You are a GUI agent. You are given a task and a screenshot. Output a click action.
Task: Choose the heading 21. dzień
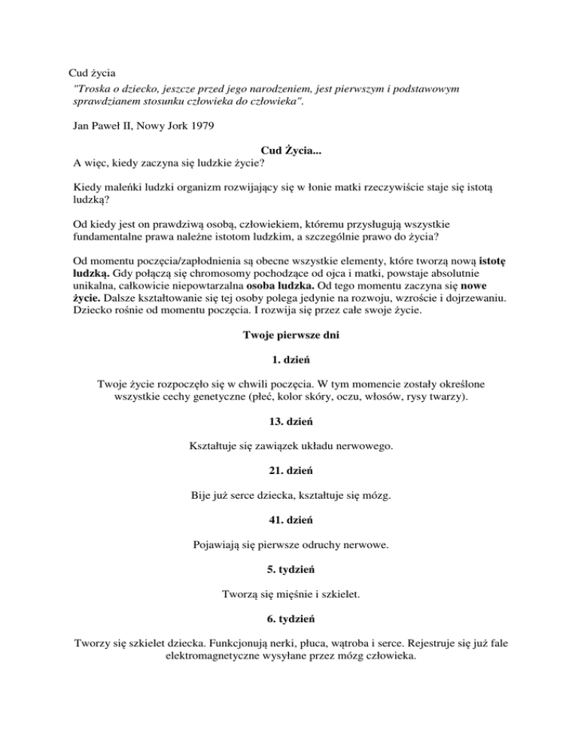click(289, 471)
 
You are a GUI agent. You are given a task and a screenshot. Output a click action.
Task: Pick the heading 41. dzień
click(289, 520)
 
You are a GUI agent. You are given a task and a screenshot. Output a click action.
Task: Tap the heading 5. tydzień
click(289, 570)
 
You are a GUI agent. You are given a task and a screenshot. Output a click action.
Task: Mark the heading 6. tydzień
click(289, 619)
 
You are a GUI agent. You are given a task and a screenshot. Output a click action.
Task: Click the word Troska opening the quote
click(87, 89)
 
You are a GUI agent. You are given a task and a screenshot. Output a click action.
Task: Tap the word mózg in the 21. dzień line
click(388, 496)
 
